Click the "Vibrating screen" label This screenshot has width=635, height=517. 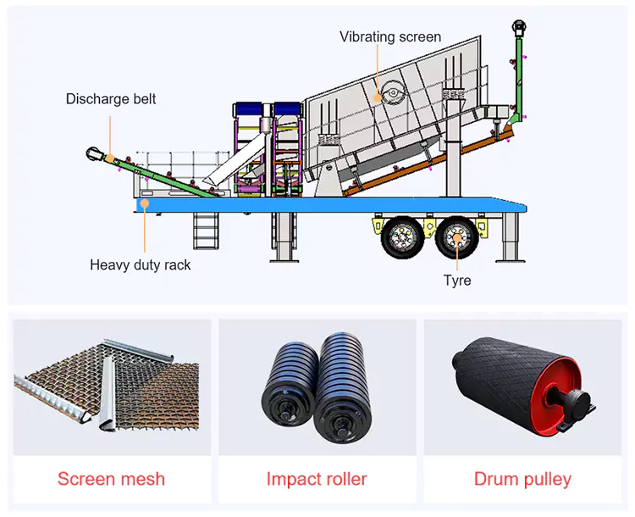390,37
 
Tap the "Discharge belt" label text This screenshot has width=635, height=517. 111,99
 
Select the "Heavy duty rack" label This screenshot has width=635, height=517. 140,264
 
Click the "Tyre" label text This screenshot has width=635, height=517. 457,281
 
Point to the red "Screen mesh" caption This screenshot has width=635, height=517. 112,479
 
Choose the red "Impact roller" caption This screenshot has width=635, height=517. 317,479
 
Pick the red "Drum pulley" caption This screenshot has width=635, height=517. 522,480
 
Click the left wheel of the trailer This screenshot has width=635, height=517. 402,237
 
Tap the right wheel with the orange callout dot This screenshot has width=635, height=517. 456,237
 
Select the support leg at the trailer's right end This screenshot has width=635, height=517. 510,237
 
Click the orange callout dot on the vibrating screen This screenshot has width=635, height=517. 378,97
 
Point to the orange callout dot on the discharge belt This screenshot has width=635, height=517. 110,158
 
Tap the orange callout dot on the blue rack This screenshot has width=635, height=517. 145,203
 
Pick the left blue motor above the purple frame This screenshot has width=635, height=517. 247,109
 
